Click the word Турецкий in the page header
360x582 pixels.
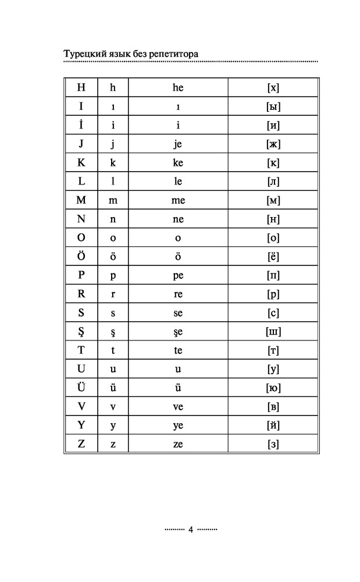84,54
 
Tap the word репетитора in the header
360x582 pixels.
174,54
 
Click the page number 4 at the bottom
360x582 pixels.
190,530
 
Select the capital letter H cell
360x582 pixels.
81,88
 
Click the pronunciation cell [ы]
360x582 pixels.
273,107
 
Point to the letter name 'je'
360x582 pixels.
178,144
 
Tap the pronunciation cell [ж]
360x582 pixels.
273,144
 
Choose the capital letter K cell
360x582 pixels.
81,162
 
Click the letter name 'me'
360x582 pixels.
178,200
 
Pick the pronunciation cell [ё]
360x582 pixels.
273,256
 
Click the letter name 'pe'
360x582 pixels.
178,275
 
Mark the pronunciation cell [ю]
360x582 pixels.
273,388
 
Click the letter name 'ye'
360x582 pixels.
178,425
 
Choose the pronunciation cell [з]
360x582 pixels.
273,444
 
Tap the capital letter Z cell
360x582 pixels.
81,443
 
